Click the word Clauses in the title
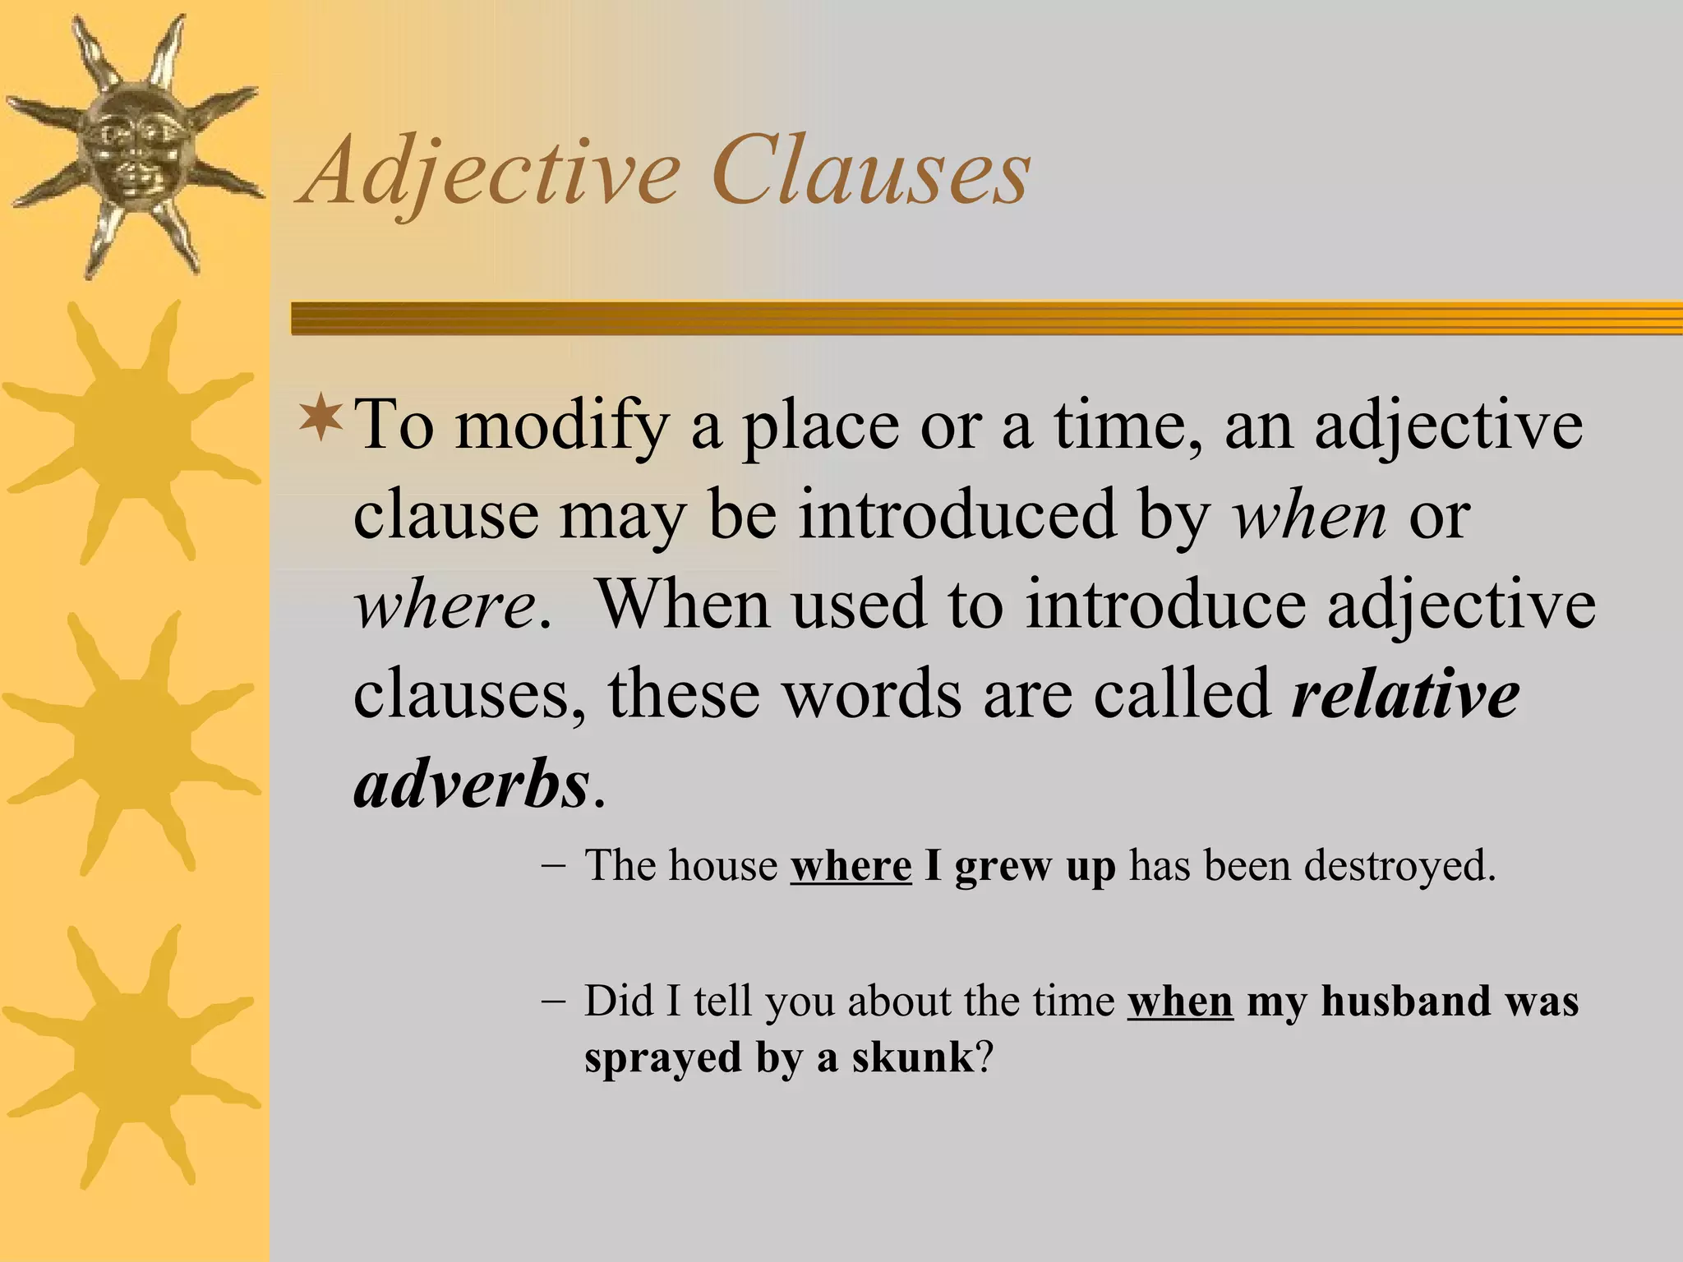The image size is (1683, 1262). click(x=870, y=173)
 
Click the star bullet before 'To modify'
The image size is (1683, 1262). click(x=321, y=416)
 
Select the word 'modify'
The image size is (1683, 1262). click(x=561, y=426)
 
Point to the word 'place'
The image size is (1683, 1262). click(x=820, y=426)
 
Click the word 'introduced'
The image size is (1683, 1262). click(x=957, y=516)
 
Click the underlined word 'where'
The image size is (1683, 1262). click(x=851, y=866)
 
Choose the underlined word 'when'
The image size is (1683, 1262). click(x=1180, y=1002)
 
